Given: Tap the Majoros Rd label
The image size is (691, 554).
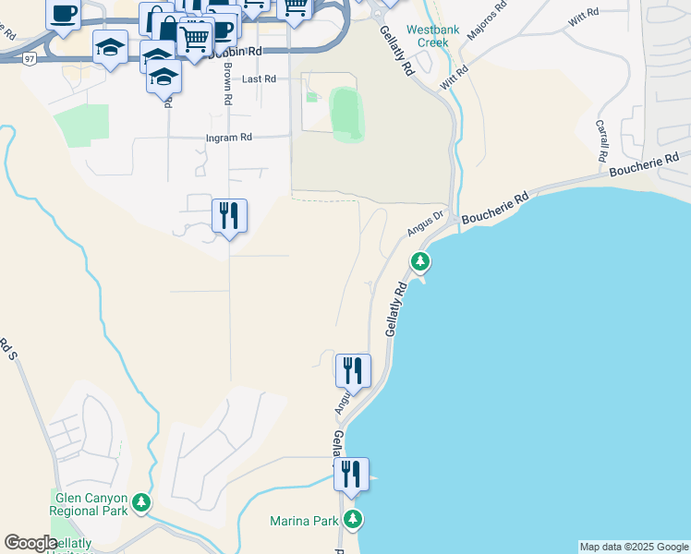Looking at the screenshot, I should tap(489, 18).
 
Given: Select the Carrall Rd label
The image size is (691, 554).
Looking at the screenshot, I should tap(602, 138).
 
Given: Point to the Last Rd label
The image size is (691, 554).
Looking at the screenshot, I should tap(259, 79).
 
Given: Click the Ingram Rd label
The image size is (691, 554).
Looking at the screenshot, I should tap(228, 138).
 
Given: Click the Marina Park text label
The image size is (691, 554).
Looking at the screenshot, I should tap(304, 521).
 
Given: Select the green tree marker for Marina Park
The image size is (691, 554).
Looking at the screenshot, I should tap(353, 518).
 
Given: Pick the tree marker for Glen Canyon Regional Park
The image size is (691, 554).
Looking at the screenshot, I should tap(140, 503).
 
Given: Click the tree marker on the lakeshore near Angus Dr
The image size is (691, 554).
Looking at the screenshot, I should tap(420, 262).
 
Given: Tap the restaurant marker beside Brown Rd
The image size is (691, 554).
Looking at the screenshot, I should tap(228, 216).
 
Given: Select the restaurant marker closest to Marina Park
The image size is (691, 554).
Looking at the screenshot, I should tap(351, 475).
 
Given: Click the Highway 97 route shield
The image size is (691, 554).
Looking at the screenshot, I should tap(30, 59).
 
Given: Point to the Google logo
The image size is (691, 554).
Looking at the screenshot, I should tap(30, 543).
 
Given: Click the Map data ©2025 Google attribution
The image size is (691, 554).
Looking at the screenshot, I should tap(634, 547).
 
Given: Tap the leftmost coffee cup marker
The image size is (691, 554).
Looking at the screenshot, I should tap(63, 14).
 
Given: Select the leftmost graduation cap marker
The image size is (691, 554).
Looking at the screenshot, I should tap(110, 45).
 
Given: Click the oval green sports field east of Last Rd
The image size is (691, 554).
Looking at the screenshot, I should tap(346, 114).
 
